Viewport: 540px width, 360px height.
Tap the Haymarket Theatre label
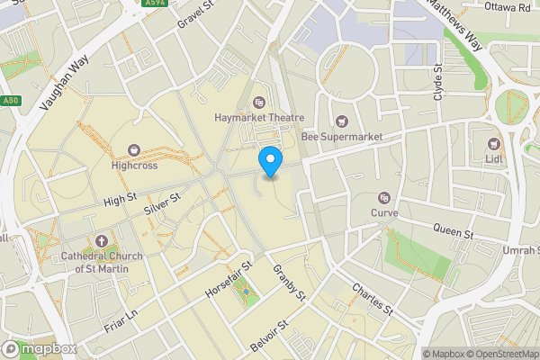click(x=259, y=118)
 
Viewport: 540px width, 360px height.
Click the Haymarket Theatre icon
click(x=260, y=103)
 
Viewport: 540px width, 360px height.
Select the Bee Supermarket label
click(x=341, y=137)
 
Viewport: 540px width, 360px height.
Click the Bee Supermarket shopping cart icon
click(x=341, y=121)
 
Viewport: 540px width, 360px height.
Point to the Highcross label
click(x=135, y=166)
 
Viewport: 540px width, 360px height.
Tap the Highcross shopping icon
click(x=135, y=149)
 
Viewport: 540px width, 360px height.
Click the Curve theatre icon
click(x=384, y=198)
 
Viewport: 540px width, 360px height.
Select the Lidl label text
click(x=493, y=158)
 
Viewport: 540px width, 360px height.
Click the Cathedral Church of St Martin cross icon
click(x=101, y=242)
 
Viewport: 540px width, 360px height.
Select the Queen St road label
click(x=453, y=233)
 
